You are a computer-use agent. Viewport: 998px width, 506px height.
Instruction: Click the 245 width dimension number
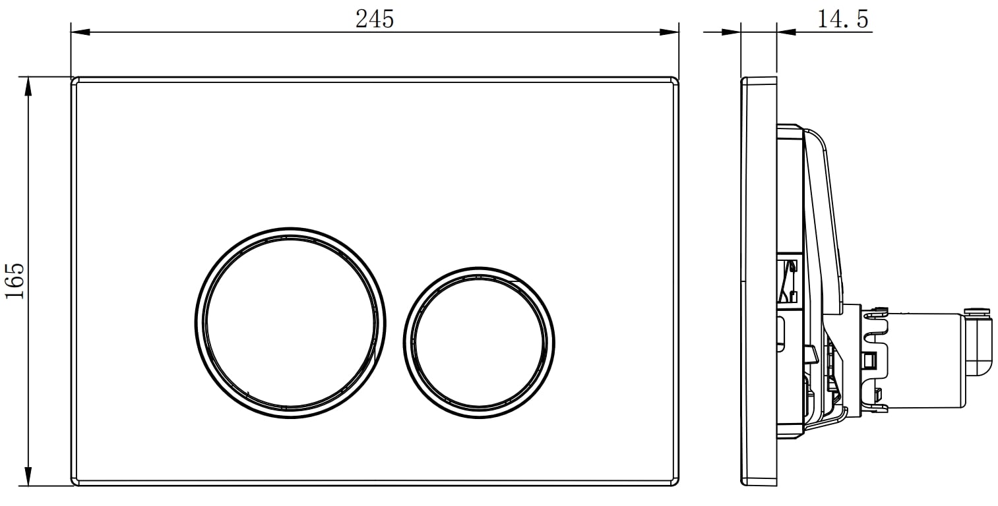tap(375, 19)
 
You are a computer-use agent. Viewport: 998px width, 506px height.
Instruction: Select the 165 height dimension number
tap(15, 281)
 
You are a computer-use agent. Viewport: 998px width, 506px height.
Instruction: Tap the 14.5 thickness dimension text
tap(843, 19)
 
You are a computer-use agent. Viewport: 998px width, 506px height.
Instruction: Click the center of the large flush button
tap(290, 323)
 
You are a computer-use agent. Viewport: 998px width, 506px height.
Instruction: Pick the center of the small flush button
tap(479, 343)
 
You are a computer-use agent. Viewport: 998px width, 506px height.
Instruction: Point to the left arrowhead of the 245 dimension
tap(80, 32)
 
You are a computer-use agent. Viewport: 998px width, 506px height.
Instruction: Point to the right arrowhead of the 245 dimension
tap(670, 32)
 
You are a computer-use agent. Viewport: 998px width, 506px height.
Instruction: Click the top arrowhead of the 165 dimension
tap(28, 86)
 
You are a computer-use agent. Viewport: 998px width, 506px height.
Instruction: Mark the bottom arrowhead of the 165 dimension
tap(28, 476)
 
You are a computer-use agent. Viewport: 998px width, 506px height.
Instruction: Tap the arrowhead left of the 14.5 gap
tap(731, 32)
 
